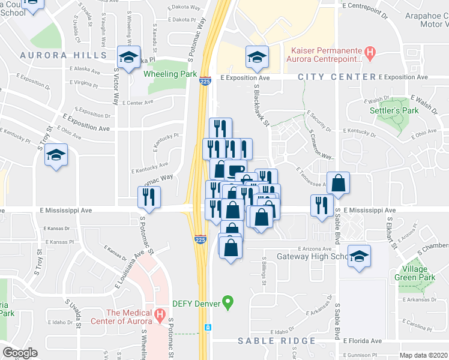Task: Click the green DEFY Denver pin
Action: pyautogui.click(x=228, y=301)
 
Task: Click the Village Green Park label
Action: pyautogui.click(x=415, y=273)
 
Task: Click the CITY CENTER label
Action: pyautogui.click(x=336, y=77)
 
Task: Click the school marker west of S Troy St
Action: pyautogui.click(x=56, y=155)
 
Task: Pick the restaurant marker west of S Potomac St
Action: pyautogui.click(x=148, y=196)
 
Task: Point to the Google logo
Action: pyautogui.click(x=20, y=353)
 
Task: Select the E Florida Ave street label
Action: pyautogui.click(x=363, y=341)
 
